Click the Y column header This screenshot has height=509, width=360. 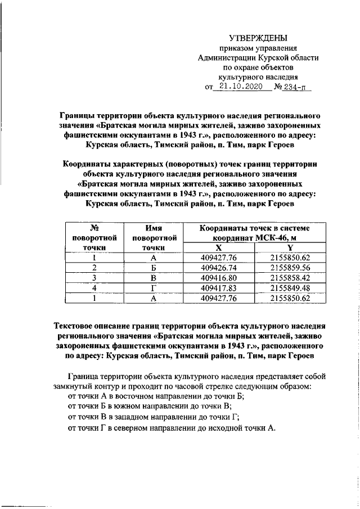point(290,247)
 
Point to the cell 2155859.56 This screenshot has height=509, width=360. point(290,268)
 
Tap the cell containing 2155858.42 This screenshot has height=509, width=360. point(290,278)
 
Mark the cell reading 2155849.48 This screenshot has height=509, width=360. point(290,288)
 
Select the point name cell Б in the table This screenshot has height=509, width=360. point(153,268)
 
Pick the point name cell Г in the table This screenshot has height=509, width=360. point(153,288)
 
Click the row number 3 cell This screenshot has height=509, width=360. point(94,278)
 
